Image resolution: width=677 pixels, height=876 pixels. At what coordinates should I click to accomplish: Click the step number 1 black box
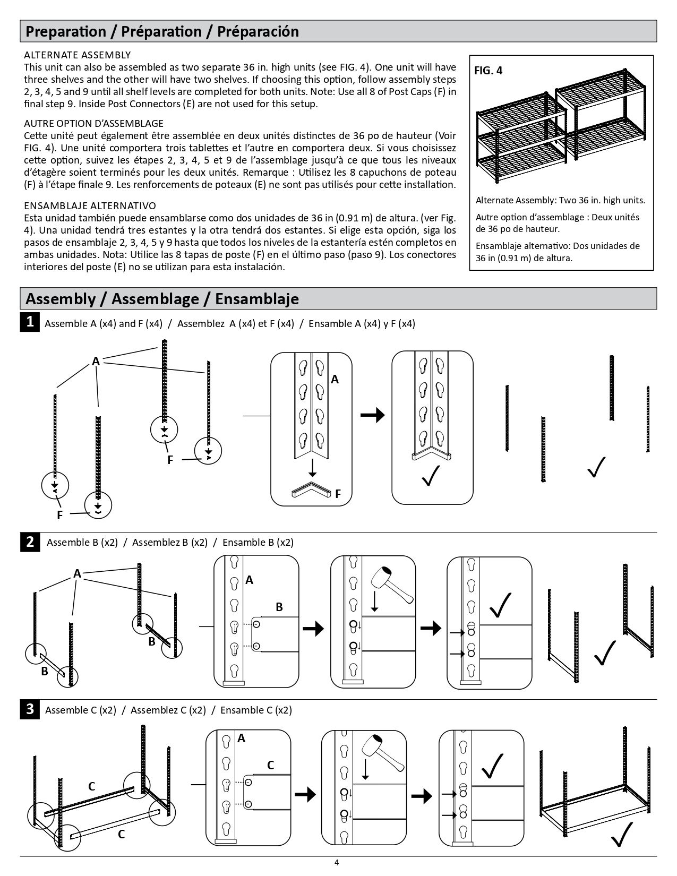coord(30,322)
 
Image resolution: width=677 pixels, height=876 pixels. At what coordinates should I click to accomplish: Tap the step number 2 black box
coord(30,542)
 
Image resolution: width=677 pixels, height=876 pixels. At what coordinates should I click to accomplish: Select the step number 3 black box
coord(30,709)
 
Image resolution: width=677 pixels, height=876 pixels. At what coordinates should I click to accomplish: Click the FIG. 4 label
coord(488,71)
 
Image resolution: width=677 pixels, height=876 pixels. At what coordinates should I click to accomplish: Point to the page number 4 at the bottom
coord(337,862)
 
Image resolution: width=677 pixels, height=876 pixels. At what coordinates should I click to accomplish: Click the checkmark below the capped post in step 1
coord(431,475)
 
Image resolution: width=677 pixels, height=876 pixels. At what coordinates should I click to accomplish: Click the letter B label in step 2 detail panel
coord(279,607)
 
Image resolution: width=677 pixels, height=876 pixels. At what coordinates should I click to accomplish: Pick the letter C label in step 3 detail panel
coord(270,765)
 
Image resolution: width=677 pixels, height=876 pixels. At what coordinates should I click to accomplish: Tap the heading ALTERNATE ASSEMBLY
coord(78,55)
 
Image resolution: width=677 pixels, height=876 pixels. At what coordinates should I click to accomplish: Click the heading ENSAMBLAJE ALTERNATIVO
coord(90,205)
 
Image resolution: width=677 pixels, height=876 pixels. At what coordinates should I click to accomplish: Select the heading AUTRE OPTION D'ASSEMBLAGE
coord(94,124)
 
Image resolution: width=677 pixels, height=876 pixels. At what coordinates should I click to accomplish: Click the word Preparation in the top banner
coord(66,31)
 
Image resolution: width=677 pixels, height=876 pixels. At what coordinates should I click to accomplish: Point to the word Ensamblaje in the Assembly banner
coord(257,299)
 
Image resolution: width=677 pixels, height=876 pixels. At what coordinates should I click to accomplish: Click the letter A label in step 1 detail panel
coord(335,379)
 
